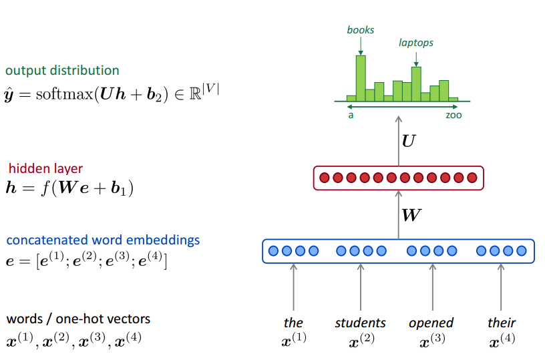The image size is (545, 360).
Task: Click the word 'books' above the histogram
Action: [361, 30]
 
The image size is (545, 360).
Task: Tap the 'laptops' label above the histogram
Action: [416, 43]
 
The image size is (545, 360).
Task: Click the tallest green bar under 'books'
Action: [361, 77]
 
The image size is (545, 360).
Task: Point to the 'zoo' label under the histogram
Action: [453, 115]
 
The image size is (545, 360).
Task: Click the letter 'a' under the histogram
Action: [351, 115]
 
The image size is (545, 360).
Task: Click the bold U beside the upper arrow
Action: [409, 141]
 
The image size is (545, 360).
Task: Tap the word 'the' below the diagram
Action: [293, 323]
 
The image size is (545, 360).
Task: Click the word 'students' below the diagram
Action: [361, 323]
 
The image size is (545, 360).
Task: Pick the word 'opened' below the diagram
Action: [431, 323]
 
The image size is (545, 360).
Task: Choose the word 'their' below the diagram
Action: [502, 323]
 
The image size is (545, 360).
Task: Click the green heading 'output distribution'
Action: [62, 71]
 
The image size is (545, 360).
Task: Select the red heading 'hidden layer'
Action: [46, 169]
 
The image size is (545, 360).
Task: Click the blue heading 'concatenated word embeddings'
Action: [103, 240]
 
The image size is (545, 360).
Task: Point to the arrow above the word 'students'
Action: [361, 287]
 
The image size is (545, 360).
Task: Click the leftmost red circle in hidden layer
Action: [325, 178]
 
